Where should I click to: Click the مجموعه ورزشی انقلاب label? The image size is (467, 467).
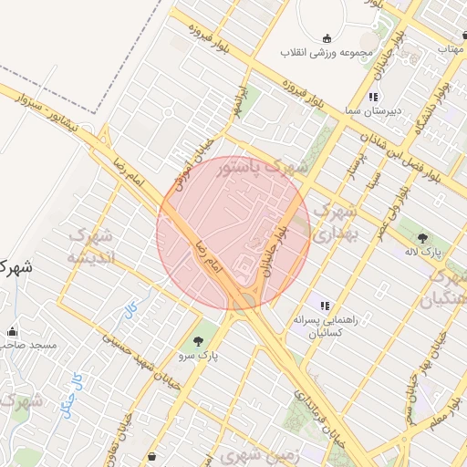[328, 53]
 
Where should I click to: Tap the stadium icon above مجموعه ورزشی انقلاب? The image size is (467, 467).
[327, 38]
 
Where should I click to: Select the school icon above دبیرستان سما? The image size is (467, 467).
[373, 97]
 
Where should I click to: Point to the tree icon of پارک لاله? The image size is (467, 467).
[421, 238]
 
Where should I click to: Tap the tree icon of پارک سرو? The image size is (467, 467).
[199, 340]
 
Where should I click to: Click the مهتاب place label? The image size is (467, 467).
[452, 47]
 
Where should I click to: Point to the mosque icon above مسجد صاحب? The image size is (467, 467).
[11, 332]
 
